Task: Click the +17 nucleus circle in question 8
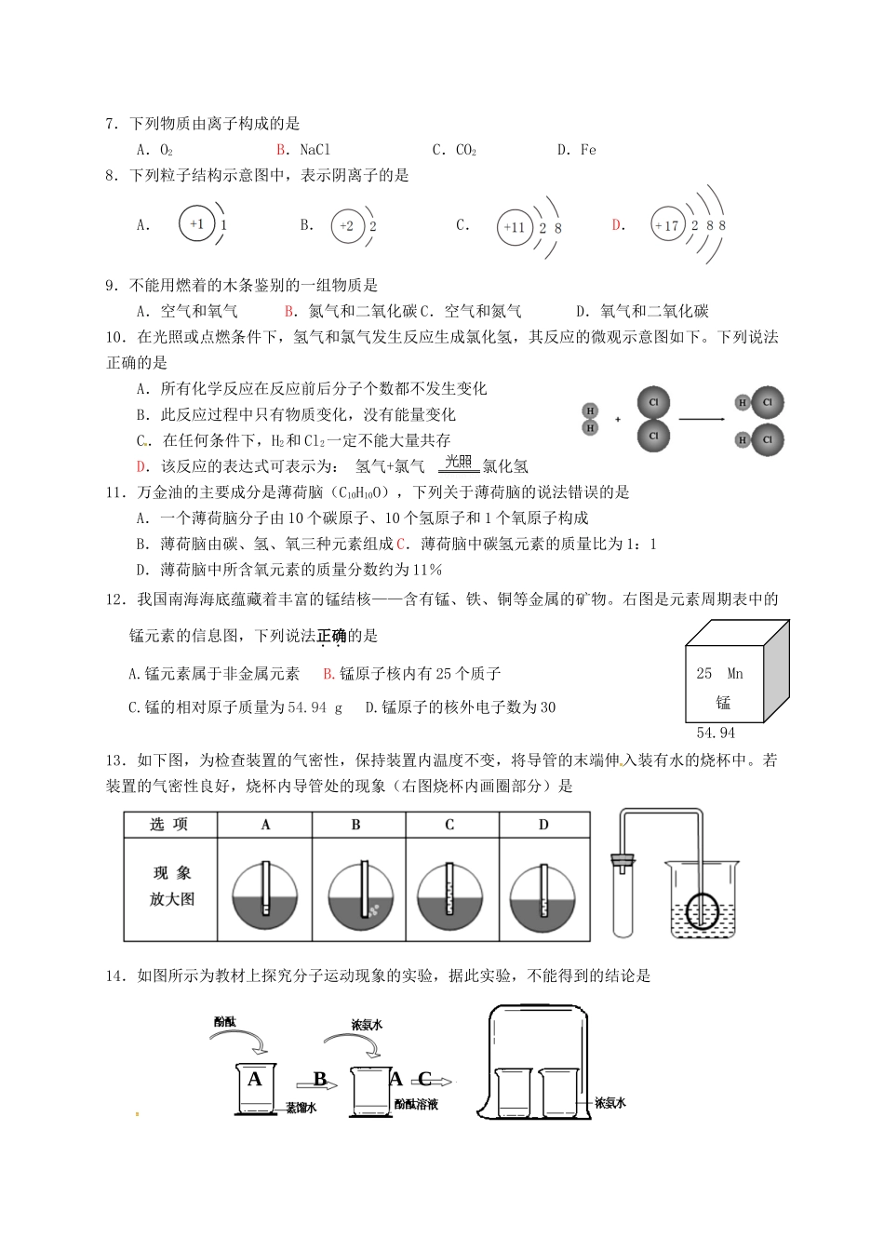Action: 667,225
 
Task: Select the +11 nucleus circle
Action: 515,227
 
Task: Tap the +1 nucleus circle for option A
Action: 196,224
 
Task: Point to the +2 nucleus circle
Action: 347,226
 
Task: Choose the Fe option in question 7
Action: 587,150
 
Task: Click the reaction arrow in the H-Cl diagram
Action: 702,419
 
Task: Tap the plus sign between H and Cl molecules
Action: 618,419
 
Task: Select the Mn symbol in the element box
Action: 735,673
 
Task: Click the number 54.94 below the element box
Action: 716,733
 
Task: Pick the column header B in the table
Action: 356,825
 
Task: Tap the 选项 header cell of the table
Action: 169,825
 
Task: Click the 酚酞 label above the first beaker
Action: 224,1021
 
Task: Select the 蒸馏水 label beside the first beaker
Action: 301,1108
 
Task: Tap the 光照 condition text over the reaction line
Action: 458,461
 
